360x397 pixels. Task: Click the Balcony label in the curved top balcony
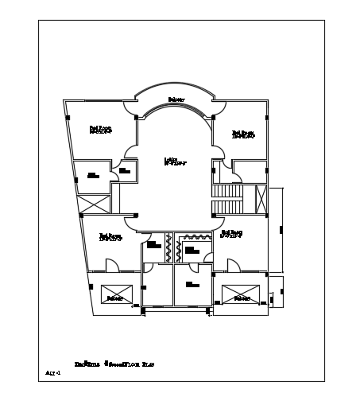tap(176, 99)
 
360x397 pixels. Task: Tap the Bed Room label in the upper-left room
tap(99, 129)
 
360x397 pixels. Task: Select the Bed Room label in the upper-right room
tap(242, 134)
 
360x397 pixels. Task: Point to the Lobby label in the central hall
tap(175, 162)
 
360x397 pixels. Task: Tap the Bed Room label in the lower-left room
tap(110, 236)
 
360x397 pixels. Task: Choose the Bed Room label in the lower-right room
tap(231, 234)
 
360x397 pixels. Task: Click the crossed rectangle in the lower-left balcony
tap(114, 293)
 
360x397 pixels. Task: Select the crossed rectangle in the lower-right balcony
tap(240, 293)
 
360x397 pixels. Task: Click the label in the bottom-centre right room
tap(192, 284)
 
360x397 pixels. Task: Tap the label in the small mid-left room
tap(93, 175)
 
